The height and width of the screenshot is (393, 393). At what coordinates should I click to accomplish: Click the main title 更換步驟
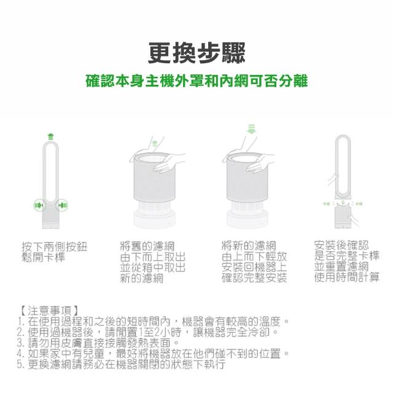pos(196,53)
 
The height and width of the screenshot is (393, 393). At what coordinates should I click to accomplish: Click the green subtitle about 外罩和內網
pos(196,81)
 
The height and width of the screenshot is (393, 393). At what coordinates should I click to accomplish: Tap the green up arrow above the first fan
pos(51,136)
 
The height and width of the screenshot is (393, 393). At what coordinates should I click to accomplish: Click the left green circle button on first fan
pos(39,205)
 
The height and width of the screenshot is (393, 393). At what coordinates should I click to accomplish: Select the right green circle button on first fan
pos(62,206)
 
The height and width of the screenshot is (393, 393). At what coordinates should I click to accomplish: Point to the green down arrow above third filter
pos(251,129)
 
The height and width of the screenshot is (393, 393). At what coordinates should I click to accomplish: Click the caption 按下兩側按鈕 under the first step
pos(55,247)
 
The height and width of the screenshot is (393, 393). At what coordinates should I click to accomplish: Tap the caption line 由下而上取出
pos(153,257)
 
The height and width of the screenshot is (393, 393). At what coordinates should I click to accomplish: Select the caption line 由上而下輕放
pos(254,257)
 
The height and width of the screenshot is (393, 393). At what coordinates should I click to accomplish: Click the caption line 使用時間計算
pos(347,277)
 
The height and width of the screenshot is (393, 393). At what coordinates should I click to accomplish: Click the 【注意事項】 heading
pos(49,311)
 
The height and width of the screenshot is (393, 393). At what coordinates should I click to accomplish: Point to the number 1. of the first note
pos(21,322)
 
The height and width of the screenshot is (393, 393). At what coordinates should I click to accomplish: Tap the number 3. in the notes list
pos(21,343)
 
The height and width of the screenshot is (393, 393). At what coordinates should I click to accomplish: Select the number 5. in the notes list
pos(21,364)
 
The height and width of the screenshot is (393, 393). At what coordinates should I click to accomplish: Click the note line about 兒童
pos(153,354)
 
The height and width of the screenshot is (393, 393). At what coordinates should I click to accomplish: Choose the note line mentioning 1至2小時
pos(147,332)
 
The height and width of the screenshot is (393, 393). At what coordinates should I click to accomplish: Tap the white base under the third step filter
pos(247,219)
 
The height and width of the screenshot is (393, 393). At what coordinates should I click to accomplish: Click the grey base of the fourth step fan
pos(343,216)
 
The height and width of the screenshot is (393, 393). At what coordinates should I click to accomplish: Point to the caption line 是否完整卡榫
pos(347,255)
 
